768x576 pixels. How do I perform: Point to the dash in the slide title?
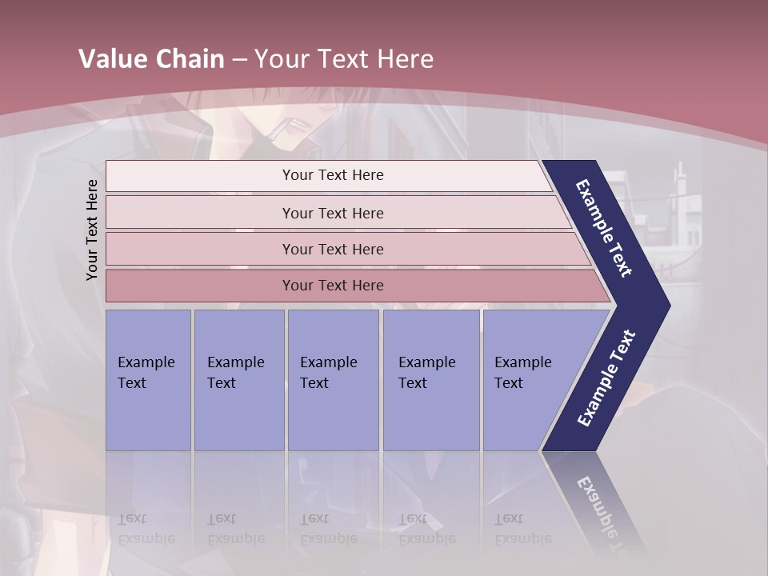[x=239, y=60]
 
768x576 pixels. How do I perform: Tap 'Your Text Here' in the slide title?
[x=344, y=59]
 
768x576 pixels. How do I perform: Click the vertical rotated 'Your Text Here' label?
[x=92, y=230]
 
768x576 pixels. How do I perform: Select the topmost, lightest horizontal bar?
[x=333, y=175]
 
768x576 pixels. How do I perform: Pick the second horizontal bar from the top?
[x=333, y=213]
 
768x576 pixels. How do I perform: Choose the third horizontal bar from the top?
[x=333, y=249]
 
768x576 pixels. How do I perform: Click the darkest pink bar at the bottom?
[x=333, y=286]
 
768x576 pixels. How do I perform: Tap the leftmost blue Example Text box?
[x=148, y=380]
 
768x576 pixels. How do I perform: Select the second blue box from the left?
[x=238, y=380]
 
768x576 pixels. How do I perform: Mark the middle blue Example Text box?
[x=333, y=380]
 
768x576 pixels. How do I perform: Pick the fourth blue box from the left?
[x=430, y=380]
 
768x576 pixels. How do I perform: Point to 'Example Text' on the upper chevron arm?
[x=605, y=228]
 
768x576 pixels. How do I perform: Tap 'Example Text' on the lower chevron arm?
[x=606, y=378]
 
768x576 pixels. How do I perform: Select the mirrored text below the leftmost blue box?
[x=146, y=529]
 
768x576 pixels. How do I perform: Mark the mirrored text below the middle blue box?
[x=328, y=529]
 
